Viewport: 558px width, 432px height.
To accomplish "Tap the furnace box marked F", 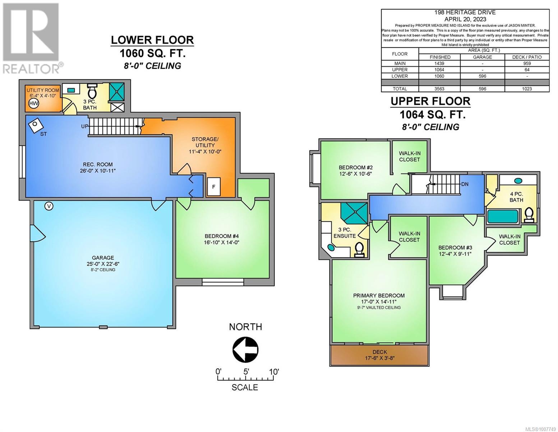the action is click(x=214, y=186).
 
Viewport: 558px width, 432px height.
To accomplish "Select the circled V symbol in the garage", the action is click(x=49, y=206).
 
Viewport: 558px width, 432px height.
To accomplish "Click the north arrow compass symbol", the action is click(x=245, y=350).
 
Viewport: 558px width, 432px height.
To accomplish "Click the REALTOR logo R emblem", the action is click(x=31, y=32).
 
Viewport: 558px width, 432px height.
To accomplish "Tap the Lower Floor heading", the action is click(x=152, y=40).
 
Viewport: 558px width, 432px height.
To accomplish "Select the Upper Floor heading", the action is click(x=431, y=101).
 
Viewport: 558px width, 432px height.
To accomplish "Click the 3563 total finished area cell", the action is click(x=440, y=89).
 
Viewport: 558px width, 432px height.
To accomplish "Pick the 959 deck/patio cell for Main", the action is click(x=527, y=63).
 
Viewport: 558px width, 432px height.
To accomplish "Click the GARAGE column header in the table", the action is click(x=483, y=57).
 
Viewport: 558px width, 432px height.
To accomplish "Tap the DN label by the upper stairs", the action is click(x=465, y=184).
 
